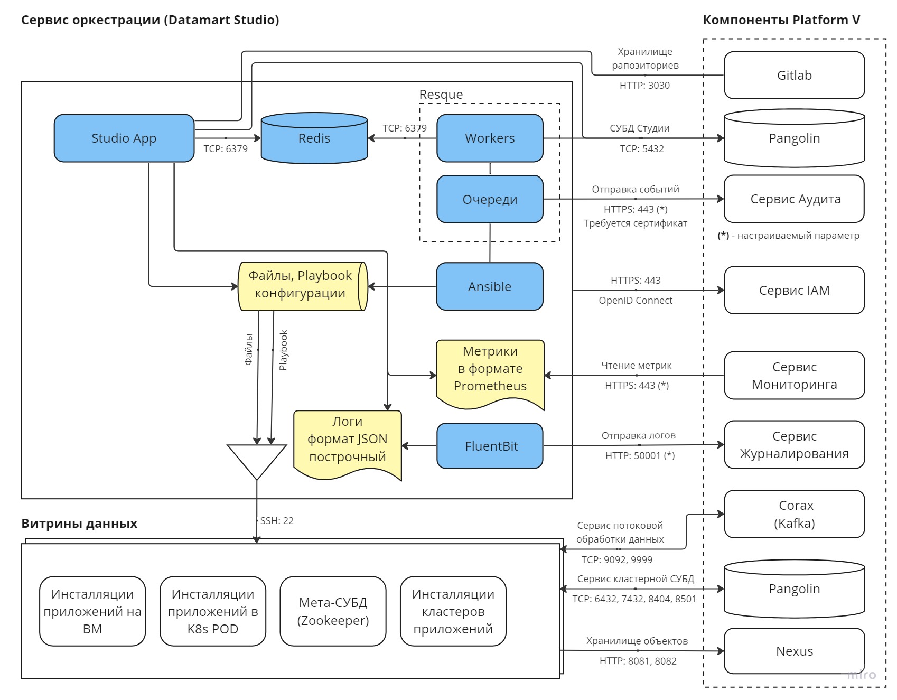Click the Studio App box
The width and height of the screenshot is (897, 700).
124,138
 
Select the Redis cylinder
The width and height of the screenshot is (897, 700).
314,138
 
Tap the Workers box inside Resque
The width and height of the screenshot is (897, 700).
490,138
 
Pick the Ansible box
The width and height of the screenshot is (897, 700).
490,286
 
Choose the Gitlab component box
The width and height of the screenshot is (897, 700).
794,76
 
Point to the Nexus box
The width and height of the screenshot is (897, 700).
794,651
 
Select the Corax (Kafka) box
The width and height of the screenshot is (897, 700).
794,514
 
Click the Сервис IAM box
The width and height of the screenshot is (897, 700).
794,290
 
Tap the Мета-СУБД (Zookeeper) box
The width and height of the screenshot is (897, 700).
333,611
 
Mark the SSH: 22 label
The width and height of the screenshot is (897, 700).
277,520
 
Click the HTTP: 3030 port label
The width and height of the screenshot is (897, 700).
644,86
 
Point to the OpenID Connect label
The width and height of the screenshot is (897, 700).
636,300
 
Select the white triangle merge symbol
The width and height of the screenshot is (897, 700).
257,458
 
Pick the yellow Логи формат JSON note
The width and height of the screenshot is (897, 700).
348,441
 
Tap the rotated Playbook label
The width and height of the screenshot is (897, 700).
284,350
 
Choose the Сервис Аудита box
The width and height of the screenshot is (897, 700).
794,199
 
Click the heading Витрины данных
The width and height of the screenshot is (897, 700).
79,524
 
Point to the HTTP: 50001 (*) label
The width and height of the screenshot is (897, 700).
640,455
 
